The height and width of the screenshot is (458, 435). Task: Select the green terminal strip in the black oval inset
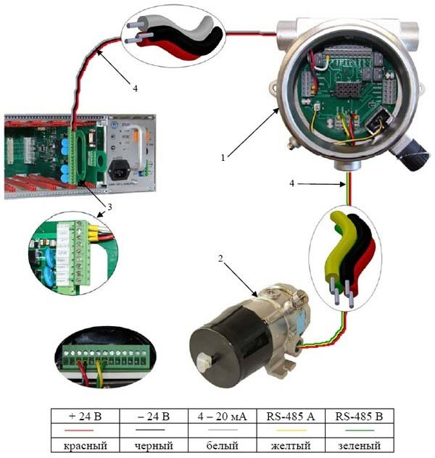coord(109,356)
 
